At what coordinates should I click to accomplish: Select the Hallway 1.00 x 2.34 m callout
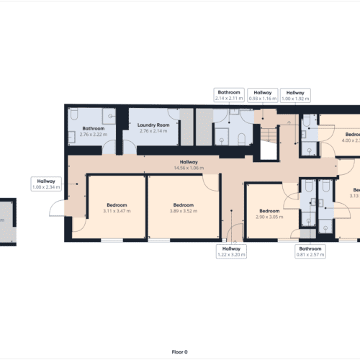45,184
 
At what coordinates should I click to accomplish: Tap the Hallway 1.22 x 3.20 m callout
231,251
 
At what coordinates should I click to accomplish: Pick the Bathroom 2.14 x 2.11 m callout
231,96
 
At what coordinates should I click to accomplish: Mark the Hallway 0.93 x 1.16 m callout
264,96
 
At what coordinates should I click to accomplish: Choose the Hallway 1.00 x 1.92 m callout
295,96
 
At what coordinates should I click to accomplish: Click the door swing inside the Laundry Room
169,115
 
